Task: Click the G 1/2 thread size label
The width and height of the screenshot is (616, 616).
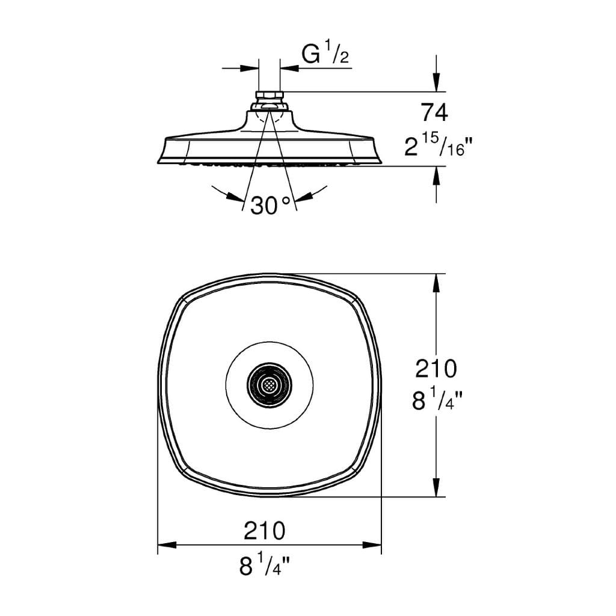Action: (x=325, y=55)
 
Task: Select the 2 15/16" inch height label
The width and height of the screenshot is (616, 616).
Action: (x=434, y=145)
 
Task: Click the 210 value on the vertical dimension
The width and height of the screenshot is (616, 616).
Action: (x=436, y=368)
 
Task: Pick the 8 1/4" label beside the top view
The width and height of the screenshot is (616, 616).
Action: (x=436, y=400)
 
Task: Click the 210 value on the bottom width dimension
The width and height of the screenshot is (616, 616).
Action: (x=264, y=531)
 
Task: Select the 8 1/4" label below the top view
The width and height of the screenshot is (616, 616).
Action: (x=264, y=565)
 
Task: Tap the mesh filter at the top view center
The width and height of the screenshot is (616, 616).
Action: (x=269, y=385)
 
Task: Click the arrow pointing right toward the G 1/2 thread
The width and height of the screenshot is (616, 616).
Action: (x=249, y=68)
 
